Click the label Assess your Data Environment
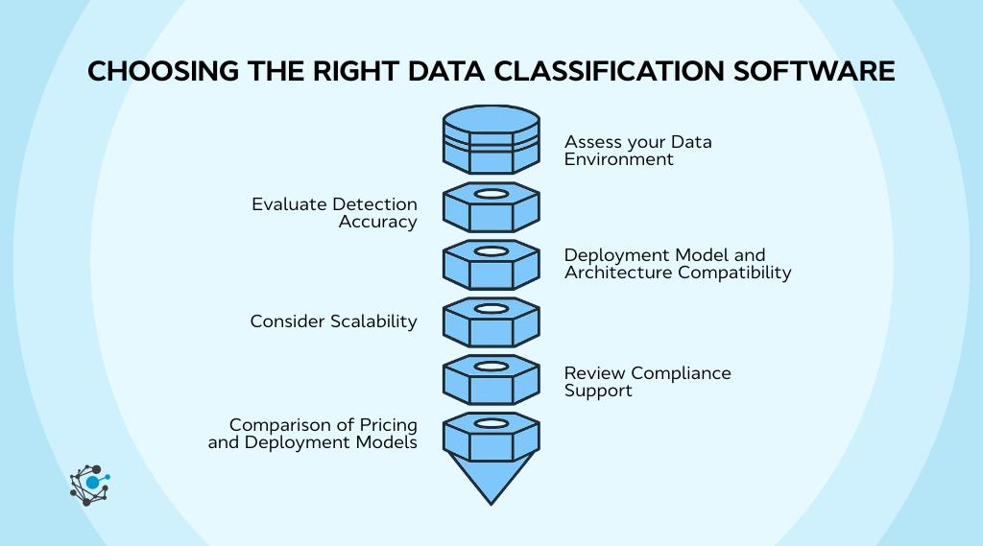coord(637,151)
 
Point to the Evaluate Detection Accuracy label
coord(334,213)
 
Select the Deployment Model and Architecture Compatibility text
coord(678,264)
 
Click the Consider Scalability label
coord(333,321)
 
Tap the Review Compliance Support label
coord(647,382)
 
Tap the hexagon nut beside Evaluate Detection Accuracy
coord(491,207)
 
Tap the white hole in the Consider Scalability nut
coord(491,309)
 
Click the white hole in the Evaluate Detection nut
coord(491,194)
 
